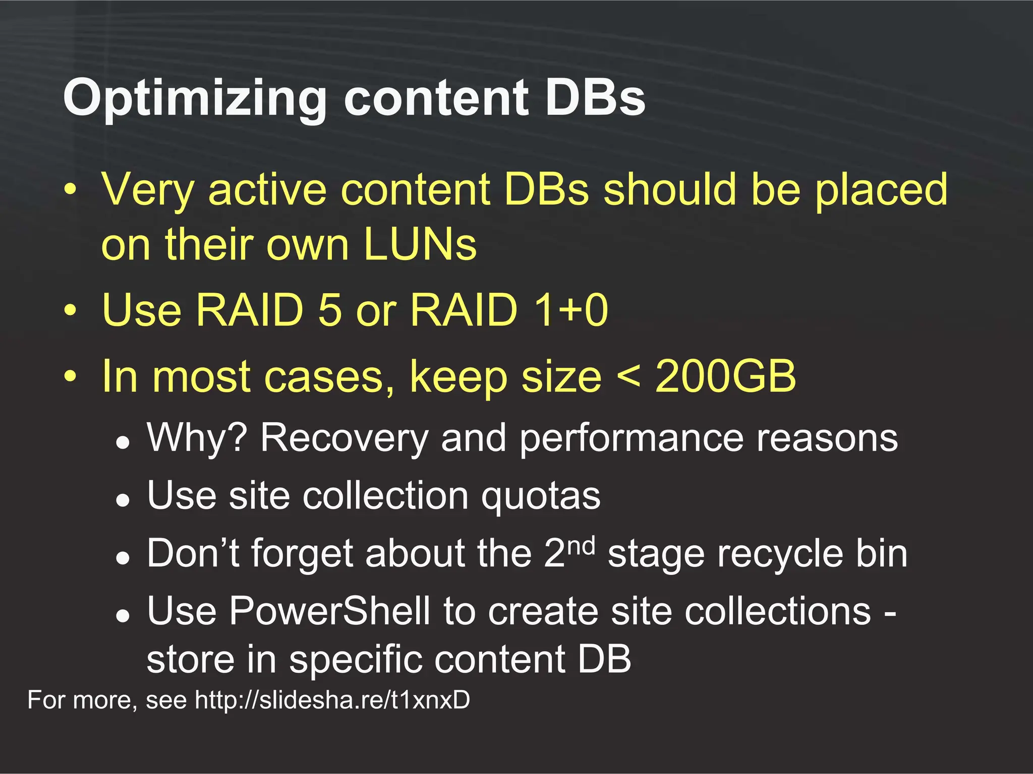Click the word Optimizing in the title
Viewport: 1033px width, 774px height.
pos(195,99)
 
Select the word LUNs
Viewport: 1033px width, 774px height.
pos(420,244)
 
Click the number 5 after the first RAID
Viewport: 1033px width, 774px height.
pos(330,309)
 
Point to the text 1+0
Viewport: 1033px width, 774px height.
pos(570,309)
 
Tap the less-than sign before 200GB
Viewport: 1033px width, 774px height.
pos(629,377)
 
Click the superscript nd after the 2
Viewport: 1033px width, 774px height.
pos(581,546)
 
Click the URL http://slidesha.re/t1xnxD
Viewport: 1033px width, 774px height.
pos(332,700)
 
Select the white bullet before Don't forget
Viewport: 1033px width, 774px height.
pos(123,558)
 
